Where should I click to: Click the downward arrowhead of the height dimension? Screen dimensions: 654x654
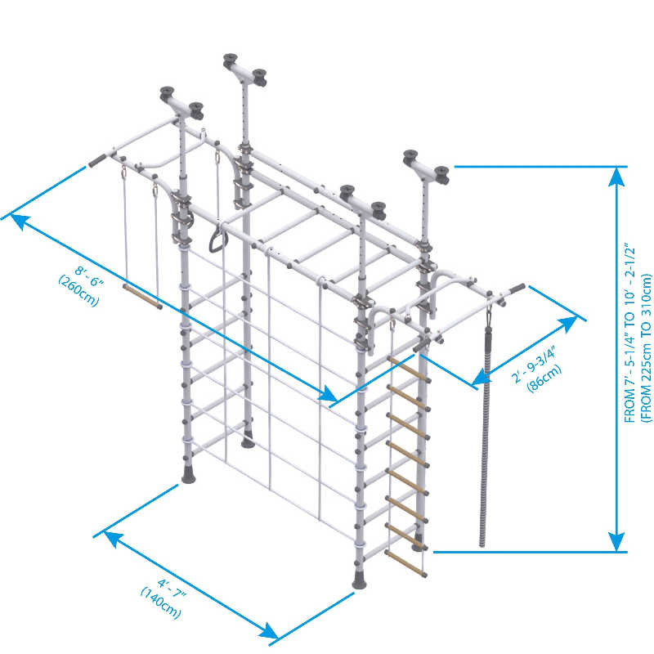point(617,541)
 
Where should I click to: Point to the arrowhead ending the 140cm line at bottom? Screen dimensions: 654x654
point(270,630)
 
